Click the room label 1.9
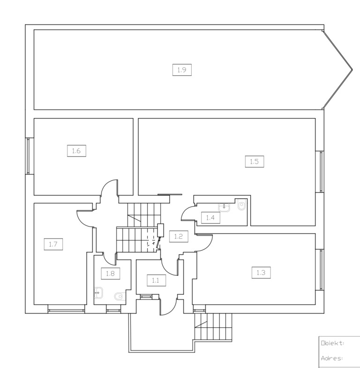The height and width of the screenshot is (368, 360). pyautogui.click(x=182, y=70)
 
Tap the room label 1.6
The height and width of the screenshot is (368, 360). pyautogui.click(x=76, y=150)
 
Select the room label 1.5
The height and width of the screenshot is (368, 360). pyautogui.click(x=255, y=161)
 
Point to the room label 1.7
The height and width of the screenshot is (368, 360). pyautogui.click(x=53, y=244)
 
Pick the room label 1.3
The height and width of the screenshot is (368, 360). pyautogui.click(x=261, y=272)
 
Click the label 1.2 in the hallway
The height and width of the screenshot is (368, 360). pyautogui.click(x=179, y=236)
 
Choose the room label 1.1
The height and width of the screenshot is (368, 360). pyautogui.click(x=156, y=280)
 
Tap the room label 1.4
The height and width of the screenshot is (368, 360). pyautogui.click(x=210, y=218)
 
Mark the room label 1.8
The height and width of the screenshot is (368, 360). pyautogui.click(x=110, y=273)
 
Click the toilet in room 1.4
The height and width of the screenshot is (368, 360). pyautogui.click(x=241, y=205)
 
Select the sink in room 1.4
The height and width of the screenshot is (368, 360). pyautogui.click(x=224, y=207)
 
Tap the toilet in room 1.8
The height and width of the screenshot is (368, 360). pyautogui.click(x=119, y=296)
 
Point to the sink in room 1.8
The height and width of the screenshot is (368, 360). pyautogui.click(x=99, y=293)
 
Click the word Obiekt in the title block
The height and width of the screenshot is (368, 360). pyautogui.click(x=332, y=343)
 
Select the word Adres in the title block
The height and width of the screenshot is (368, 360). pyautogui.click(x=332, y=358)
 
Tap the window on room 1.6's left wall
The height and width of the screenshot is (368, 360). pyautogui.click(x=28, y=156)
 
